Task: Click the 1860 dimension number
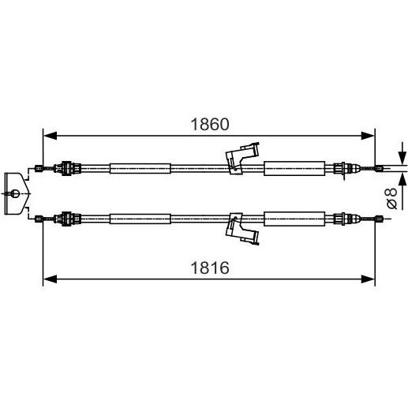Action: (x=210, y=125)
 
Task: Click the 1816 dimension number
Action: (x=210, y=268)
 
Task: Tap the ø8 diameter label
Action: (x=391, y=198)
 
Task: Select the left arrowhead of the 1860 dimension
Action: (x=50, y=136)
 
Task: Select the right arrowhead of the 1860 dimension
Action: (x=368, y=136)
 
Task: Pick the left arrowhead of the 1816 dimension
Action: (x=50, y=279)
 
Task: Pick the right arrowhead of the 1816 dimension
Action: (x=368, y=279)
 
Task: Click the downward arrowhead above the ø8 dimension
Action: (x=402, y=158)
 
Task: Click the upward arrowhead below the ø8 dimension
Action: (x=402, y=179)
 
